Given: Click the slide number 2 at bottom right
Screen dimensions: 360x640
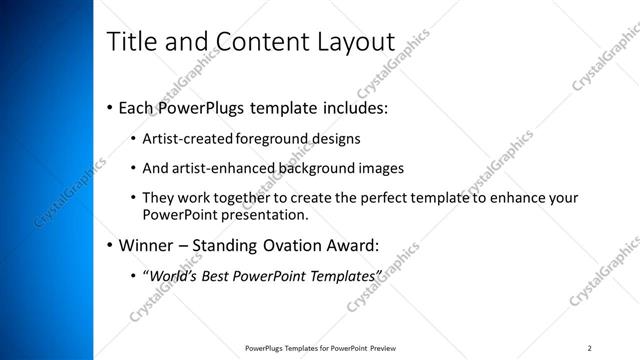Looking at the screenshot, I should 590,347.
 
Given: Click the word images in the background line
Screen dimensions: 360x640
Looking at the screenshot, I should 376,168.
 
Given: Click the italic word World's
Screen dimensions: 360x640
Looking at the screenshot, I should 170,275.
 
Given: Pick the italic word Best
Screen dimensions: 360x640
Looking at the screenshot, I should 218,275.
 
